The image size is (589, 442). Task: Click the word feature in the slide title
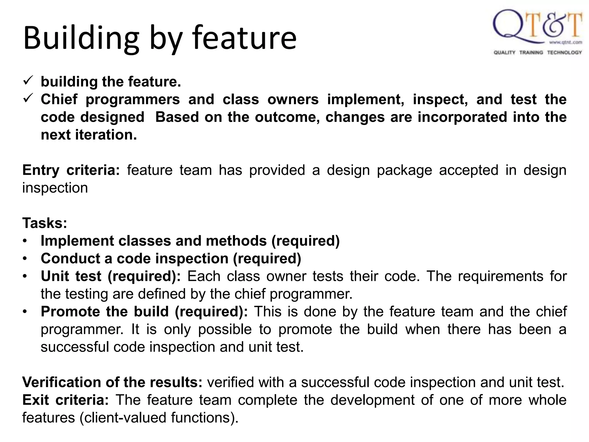point(244,38)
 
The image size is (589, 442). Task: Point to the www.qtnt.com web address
point(565,43)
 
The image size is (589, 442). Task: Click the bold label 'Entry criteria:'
point(71,170)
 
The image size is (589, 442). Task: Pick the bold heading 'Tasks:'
point(45,223)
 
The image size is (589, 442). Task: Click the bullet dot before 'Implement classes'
point(25,241)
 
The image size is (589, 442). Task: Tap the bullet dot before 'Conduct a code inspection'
point(25,259)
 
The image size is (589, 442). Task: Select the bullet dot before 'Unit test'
point(25,277)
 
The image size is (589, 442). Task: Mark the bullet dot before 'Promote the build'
point(25,312)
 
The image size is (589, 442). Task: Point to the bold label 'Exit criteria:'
point(66,400)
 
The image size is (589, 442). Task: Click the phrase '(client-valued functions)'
point(159,418)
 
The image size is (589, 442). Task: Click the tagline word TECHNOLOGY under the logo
point(564,52)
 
